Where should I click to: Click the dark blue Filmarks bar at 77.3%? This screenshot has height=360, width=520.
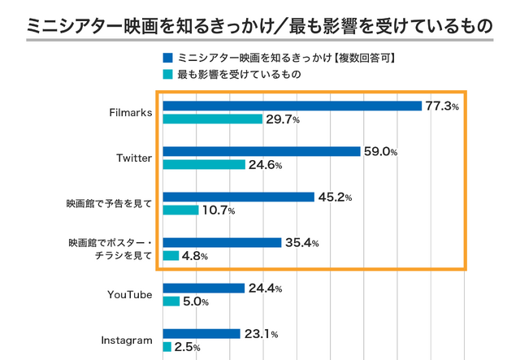pyautogui.click(x=292, y=106)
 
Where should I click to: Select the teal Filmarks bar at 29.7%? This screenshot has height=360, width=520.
pyautogui.click(x=212, y=119)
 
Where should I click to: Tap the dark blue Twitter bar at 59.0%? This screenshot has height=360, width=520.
pyautogui.click(x=261, y=151)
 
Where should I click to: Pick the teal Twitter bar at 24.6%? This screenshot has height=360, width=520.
pyautogui.click(x=204, y=165)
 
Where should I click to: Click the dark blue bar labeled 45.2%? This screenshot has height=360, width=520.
pyautogui.click(x=238, y=197)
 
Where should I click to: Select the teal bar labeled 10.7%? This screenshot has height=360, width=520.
pyautogui.click(x=180, y=210)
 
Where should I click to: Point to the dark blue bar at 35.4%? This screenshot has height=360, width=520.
pyautogui.click(x=222, y=242)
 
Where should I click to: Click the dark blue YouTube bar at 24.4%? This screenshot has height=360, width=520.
pyautogui.click(x=203, y=288)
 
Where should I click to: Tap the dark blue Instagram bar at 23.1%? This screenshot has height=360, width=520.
pyautogui.click(x=201, y=333)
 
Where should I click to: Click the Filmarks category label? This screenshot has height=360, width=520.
pyautogui.click(x=130, y=112)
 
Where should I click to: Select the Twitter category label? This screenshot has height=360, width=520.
pyautogui.click(x=134, y=158)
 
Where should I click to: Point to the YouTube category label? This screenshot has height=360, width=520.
pyautogui.click(x=130, y=294)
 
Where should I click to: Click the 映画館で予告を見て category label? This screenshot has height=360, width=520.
pyautogui.click(x=110, y=203)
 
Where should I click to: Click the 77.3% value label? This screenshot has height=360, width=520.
pyautogui.click(x=443, y=106)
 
